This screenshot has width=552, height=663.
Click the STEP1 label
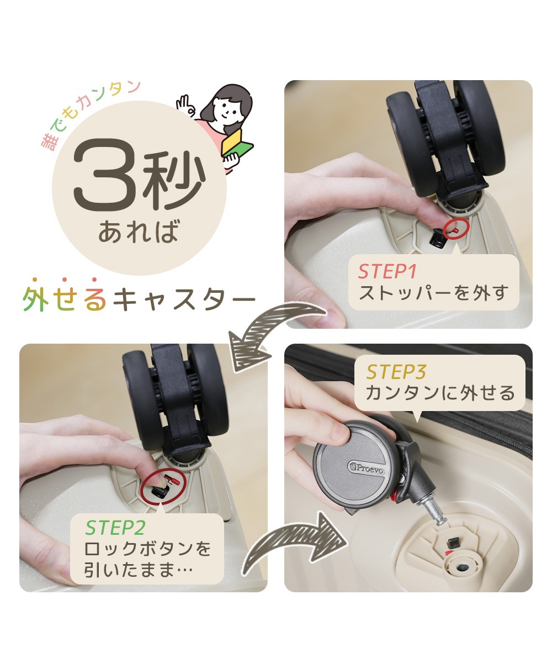coord(387,272)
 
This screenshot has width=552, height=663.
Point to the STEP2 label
coord(115,528)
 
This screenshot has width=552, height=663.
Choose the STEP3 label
coord(396,372)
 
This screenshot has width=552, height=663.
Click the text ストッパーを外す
coord(433,293)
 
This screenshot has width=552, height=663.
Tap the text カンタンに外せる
coord(440,393)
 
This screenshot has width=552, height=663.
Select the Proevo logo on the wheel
coord(367,468)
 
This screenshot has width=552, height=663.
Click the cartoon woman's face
coord(227,108)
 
